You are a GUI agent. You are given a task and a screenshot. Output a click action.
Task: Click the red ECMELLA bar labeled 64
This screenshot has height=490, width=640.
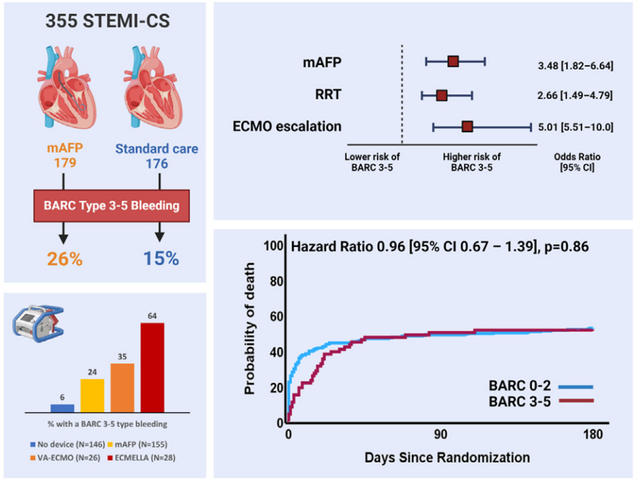[152, 367]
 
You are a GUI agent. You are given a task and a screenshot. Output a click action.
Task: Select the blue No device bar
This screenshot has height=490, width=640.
[62, 407]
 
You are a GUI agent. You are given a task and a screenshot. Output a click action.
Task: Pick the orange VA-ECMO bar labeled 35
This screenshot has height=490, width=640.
[122, 387]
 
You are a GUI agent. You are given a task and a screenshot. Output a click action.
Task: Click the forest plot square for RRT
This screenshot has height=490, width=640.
[442, 95]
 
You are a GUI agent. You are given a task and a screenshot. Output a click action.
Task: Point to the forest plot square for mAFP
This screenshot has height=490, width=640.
[453, 61]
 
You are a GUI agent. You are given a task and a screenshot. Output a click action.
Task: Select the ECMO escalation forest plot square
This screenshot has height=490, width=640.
[467, 127]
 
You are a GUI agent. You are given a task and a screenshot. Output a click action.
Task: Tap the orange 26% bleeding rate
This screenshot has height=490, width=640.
[65, 259]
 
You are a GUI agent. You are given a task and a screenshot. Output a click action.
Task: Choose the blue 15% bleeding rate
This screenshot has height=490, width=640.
[161, 259]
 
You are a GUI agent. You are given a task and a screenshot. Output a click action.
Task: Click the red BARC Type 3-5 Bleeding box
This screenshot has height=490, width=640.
[112, 206]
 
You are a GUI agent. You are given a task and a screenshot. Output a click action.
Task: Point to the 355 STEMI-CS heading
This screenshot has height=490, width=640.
[107, 21]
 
